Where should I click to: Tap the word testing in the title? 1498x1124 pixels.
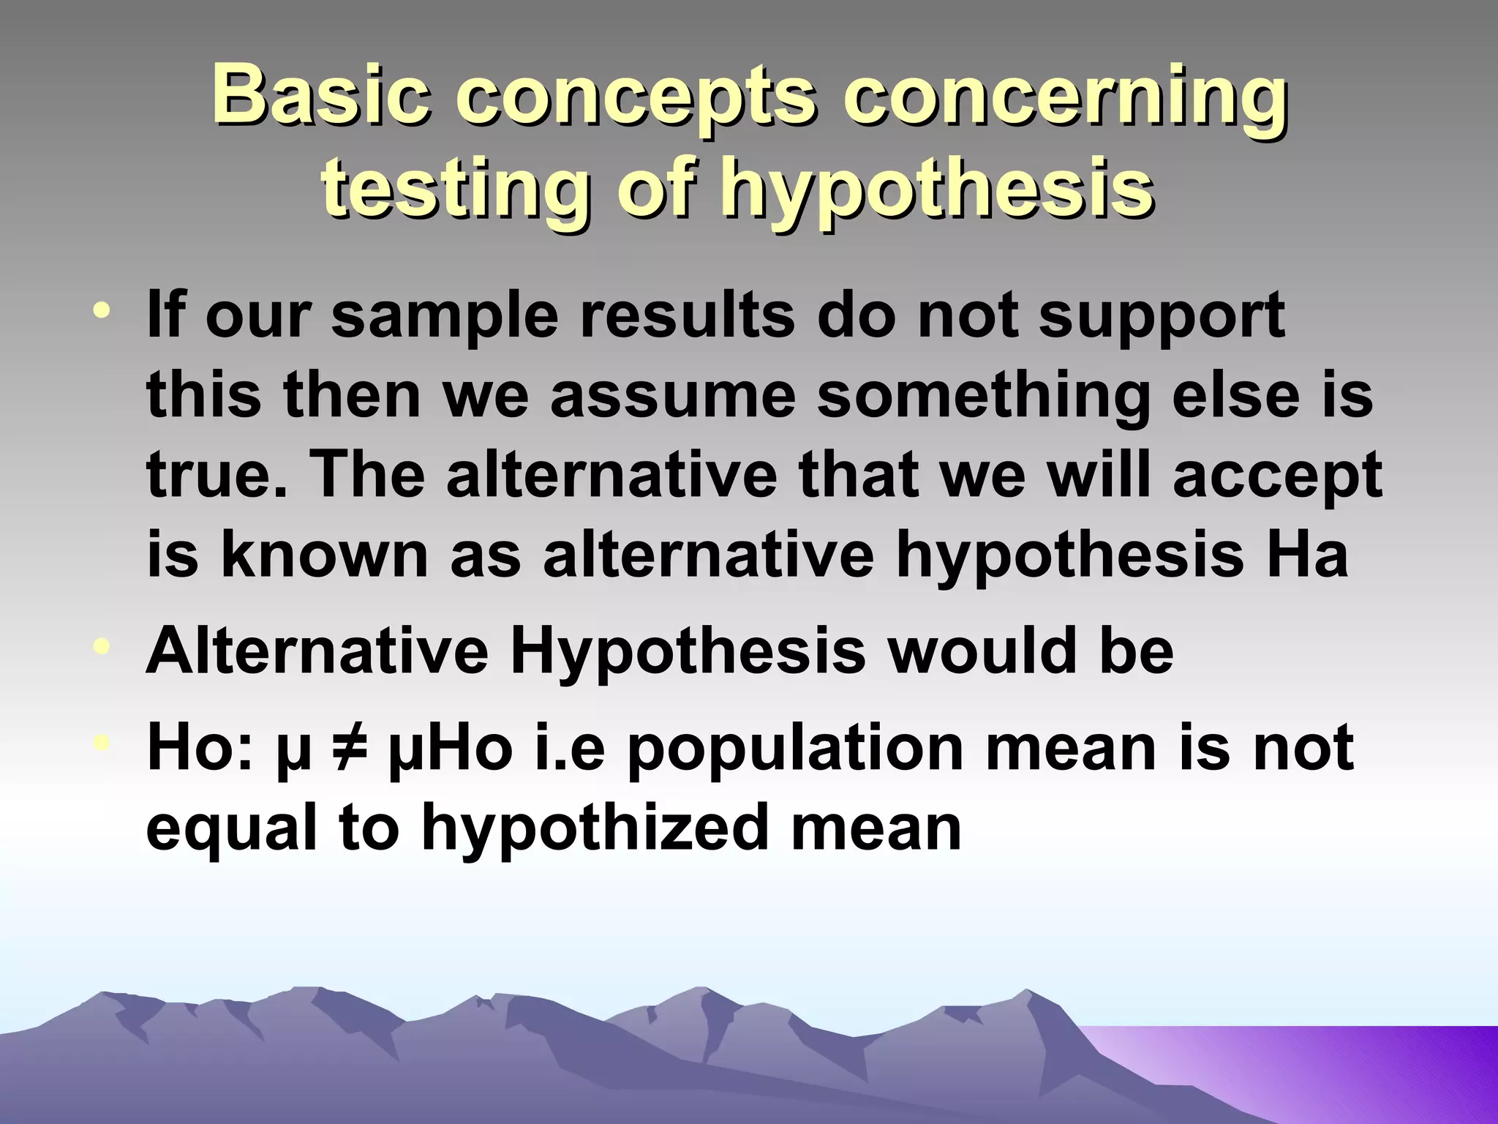coord(454,187)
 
